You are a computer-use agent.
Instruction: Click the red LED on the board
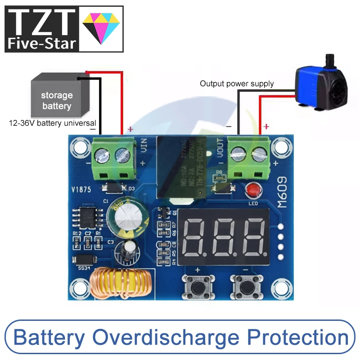[x=253, y=191]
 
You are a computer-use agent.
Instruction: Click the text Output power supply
[x=237, y=84]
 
